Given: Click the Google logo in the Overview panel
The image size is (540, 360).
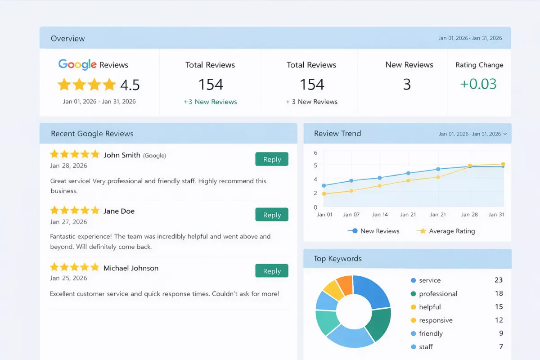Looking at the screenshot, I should [x=77, y=65].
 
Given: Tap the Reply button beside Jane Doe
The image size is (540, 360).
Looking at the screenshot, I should [x=272, y=215].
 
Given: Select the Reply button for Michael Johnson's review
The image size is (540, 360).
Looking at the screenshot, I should [x=272, y=271].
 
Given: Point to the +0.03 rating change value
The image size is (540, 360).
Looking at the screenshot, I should [x=479, y=84].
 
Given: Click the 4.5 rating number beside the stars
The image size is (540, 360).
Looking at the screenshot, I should [x=130, y=85].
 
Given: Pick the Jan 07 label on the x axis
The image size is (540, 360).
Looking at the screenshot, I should [x=351, y=215].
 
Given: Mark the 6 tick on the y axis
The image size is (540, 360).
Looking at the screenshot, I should [x=315, y=153].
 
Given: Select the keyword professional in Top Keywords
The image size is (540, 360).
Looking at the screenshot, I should [x=438, y=293].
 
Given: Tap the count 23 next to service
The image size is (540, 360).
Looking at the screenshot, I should [x=498, y=280].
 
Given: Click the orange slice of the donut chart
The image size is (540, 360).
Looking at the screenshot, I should [x=345, y=284].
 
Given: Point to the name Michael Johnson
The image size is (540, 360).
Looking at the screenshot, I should [x=131, y=268].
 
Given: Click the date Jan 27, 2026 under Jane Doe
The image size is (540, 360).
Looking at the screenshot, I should [x=68, y=222].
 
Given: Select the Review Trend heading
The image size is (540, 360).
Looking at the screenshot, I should [x=337, y=134].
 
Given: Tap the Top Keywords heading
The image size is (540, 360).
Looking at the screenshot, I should [x=338, y=259].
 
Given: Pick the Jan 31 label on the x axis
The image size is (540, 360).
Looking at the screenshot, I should [x=496, y=215].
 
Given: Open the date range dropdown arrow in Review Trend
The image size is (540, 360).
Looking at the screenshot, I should [x=505, y=134].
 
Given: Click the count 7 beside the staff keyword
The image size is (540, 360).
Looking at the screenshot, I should [x=500, y=346].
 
